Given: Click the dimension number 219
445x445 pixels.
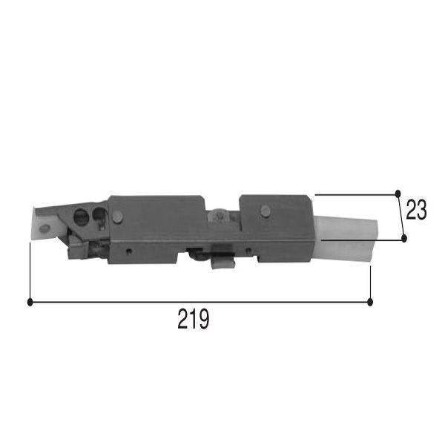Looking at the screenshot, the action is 194,319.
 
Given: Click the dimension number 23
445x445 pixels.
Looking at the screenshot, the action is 416,210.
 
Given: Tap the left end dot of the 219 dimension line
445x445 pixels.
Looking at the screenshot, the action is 30,302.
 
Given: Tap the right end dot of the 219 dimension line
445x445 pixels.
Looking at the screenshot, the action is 370,303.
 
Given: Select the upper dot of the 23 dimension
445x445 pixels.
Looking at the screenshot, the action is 398,194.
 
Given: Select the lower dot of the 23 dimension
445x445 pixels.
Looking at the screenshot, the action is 404,238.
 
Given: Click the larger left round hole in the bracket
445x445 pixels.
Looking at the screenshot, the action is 81,217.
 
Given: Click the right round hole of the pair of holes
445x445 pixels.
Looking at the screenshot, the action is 99,214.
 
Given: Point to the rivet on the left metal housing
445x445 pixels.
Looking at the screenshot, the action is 117,217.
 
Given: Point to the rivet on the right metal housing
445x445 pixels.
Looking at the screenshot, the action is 266,211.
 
